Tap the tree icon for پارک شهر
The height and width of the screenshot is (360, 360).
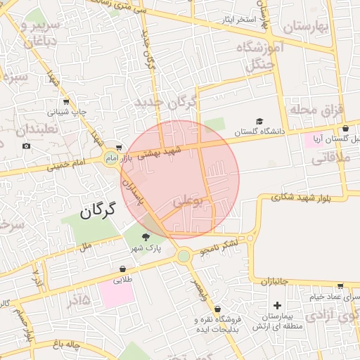tap(146, 238)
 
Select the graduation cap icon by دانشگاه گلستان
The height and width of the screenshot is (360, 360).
tap(259, 122)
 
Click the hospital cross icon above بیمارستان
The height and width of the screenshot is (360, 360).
tap(278, 306)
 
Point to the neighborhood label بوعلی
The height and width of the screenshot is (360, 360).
tap(187, 202)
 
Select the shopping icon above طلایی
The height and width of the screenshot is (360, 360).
tap(123, 269)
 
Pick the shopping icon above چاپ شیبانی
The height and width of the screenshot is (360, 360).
tap(66, 101)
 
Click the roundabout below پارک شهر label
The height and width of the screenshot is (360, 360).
tap(184, 256)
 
